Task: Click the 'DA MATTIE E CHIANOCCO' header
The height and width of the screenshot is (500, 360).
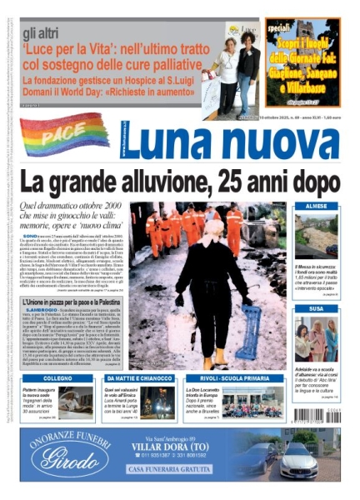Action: [x=138, y=378]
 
